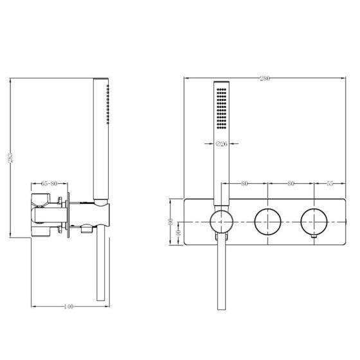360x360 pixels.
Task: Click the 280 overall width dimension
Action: pos(265,78)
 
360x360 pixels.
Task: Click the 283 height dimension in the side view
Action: pos(10,157)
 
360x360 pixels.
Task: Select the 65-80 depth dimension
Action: pos(49,184)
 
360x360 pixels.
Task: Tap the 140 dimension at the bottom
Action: pos(68,306)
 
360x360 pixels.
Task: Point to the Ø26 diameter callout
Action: pos(222,144)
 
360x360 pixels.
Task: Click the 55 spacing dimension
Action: pos(330,183)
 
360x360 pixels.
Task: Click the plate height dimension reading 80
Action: pos(170,222)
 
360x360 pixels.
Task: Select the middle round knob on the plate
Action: pos(267,222)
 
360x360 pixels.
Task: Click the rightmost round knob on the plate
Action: pos(314,222)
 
